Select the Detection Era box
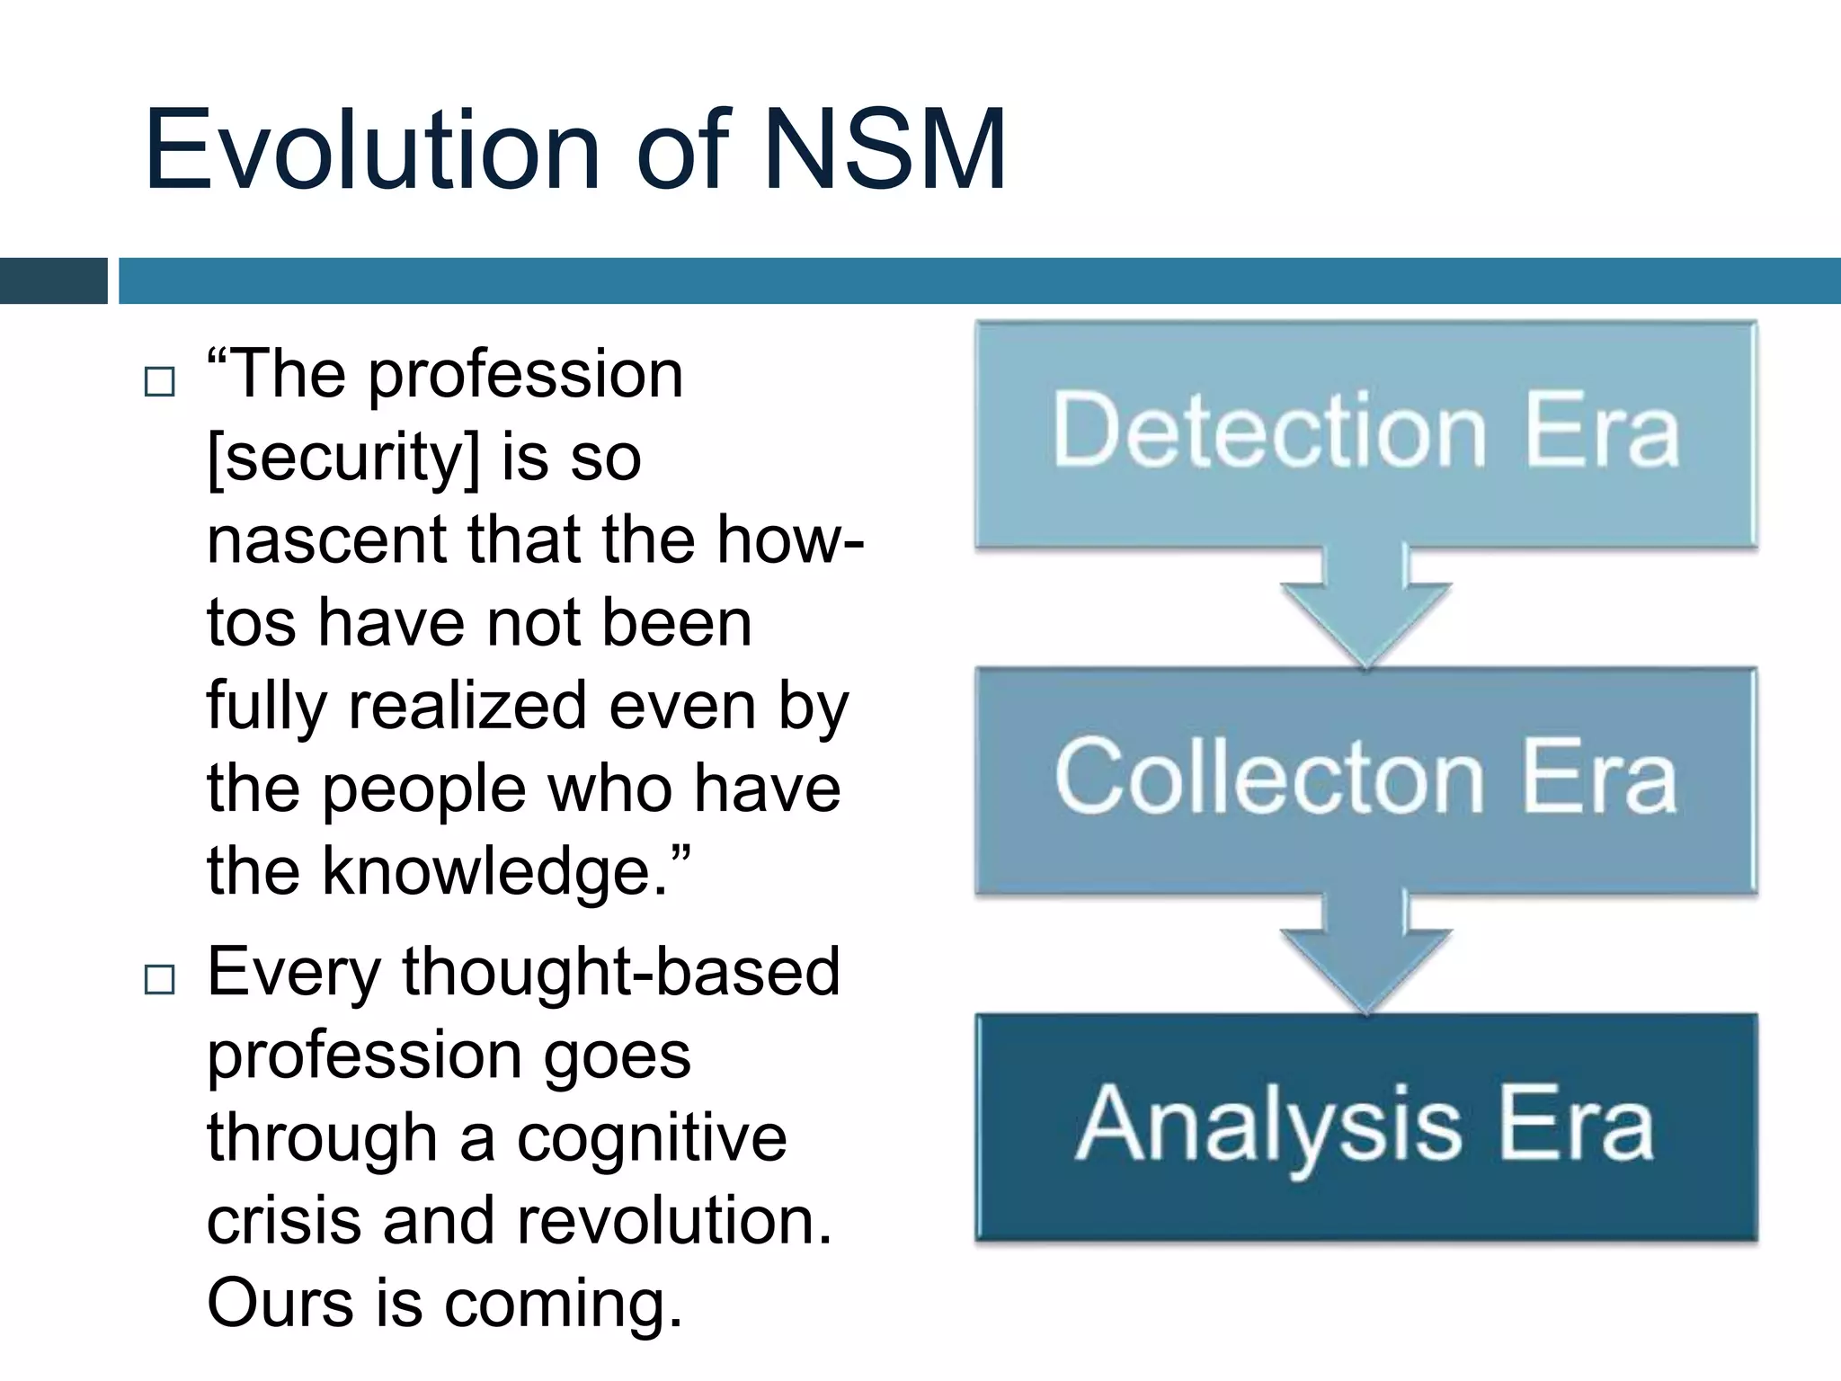(1365, 433)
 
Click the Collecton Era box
(1365, 779)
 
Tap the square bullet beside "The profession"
(160, 382)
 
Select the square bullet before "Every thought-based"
(160, 979)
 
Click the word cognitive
(652, 1138)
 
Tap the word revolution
(674, 1220)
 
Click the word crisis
(284, 1220)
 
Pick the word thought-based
(620, 973)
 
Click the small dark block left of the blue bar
(54, 281)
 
